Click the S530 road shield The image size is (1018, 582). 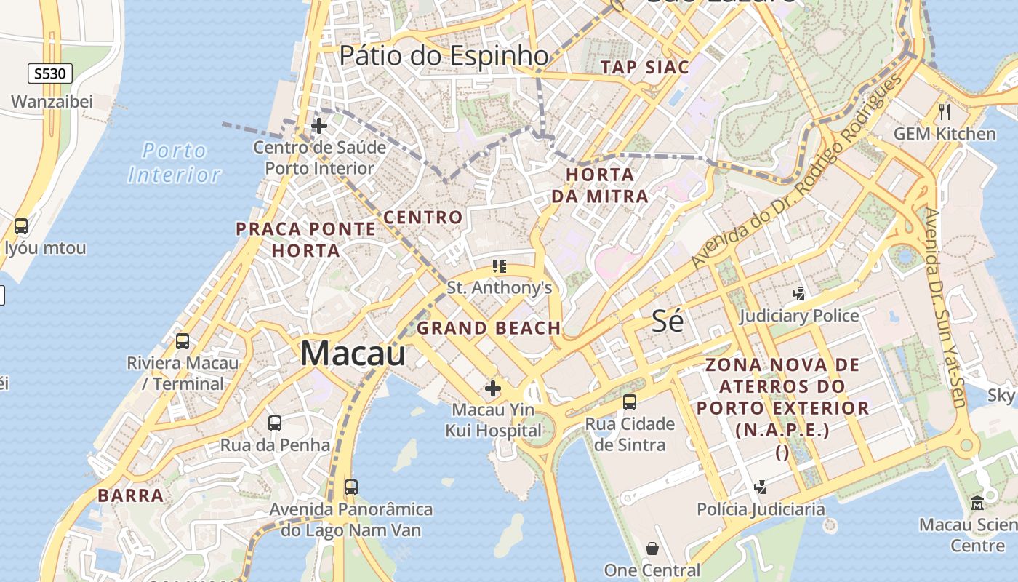(50, 73)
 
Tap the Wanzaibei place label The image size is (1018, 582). (52, 101)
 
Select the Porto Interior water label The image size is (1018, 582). (175, 162)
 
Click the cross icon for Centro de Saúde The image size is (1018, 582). (318, 126)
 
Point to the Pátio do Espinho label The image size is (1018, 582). (444, 55)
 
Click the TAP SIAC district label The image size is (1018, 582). (645, 68)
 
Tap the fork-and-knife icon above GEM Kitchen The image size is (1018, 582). (945, 111)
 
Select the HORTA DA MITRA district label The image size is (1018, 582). (600, 186)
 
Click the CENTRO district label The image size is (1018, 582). (423, 218)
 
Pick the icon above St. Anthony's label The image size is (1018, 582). (499, 266)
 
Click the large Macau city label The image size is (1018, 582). (353, 354)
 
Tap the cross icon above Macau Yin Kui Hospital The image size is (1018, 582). (493, 388)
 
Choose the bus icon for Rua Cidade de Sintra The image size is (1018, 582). (630, 402)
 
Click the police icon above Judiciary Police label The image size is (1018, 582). (799, 294)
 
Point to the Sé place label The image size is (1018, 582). (668, 321)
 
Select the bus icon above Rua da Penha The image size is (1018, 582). (275, 423)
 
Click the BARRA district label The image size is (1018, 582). (131, 496)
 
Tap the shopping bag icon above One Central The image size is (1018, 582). (652, 548)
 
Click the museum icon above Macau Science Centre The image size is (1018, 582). (977, 503)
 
